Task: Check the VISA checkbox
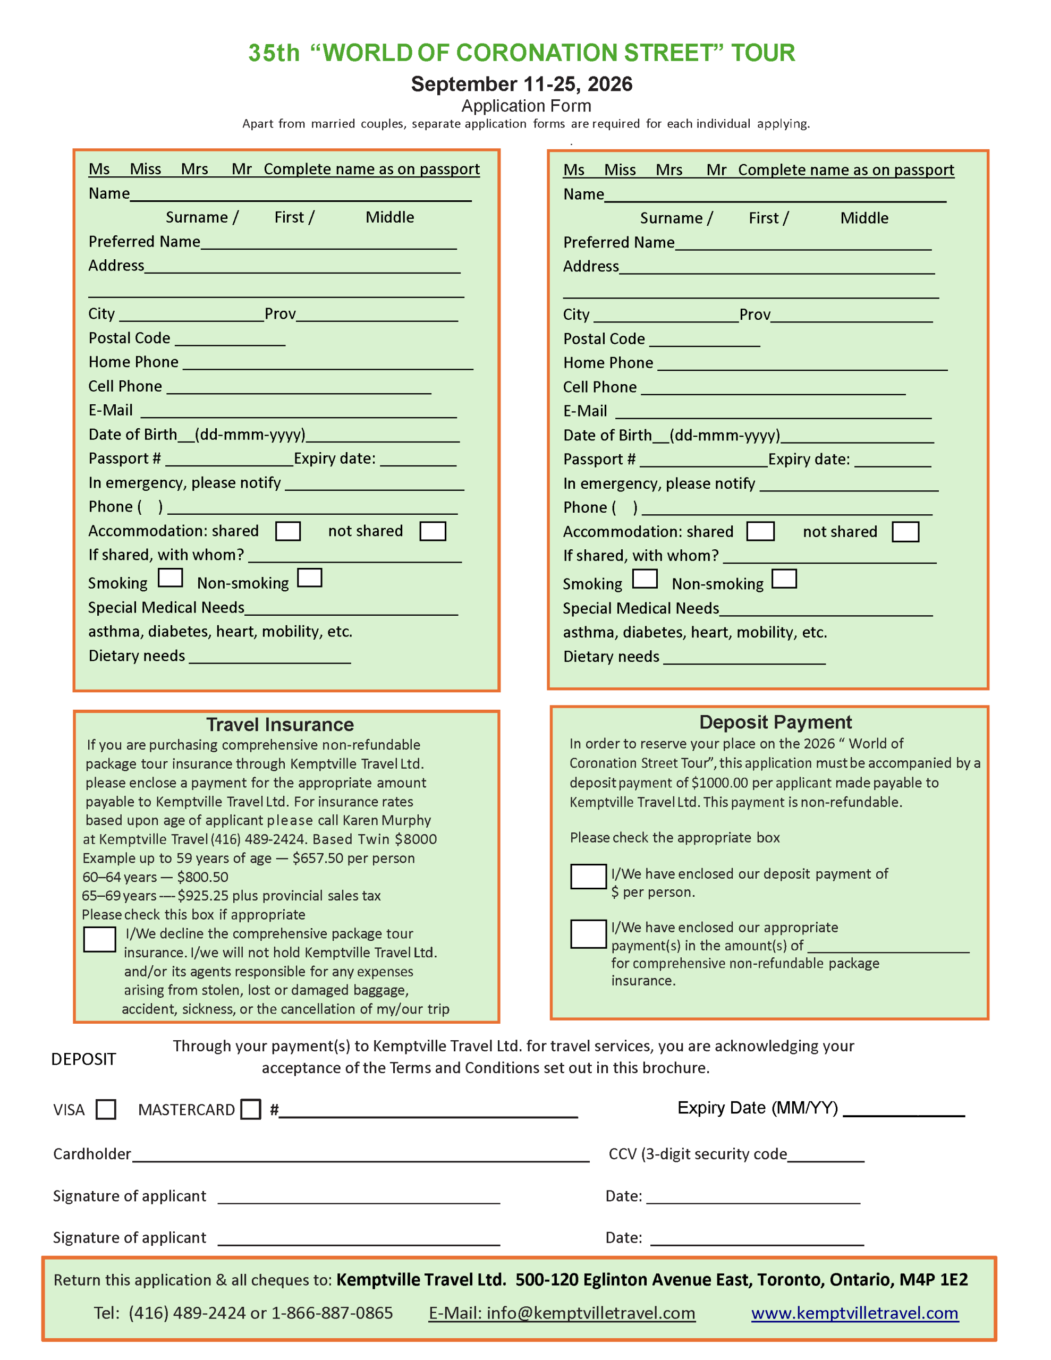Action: (106, 1109)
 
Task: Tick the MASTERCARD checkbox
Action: (250, 1109)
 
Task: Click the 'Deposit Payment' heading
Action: (775, 722)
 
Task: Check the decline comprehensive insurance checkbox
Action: (100, 939)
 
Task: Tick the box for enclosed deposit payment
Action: (588, 876)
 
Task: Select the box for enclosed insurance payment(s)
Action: (588, 933)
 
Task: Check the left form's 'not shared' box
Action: (433, 531)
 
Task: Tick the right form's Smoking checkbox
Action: (645, 579)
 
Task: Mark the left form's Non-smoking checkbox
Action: (310, 578)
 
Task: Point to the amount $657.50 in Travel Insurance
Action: (318, 858)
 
